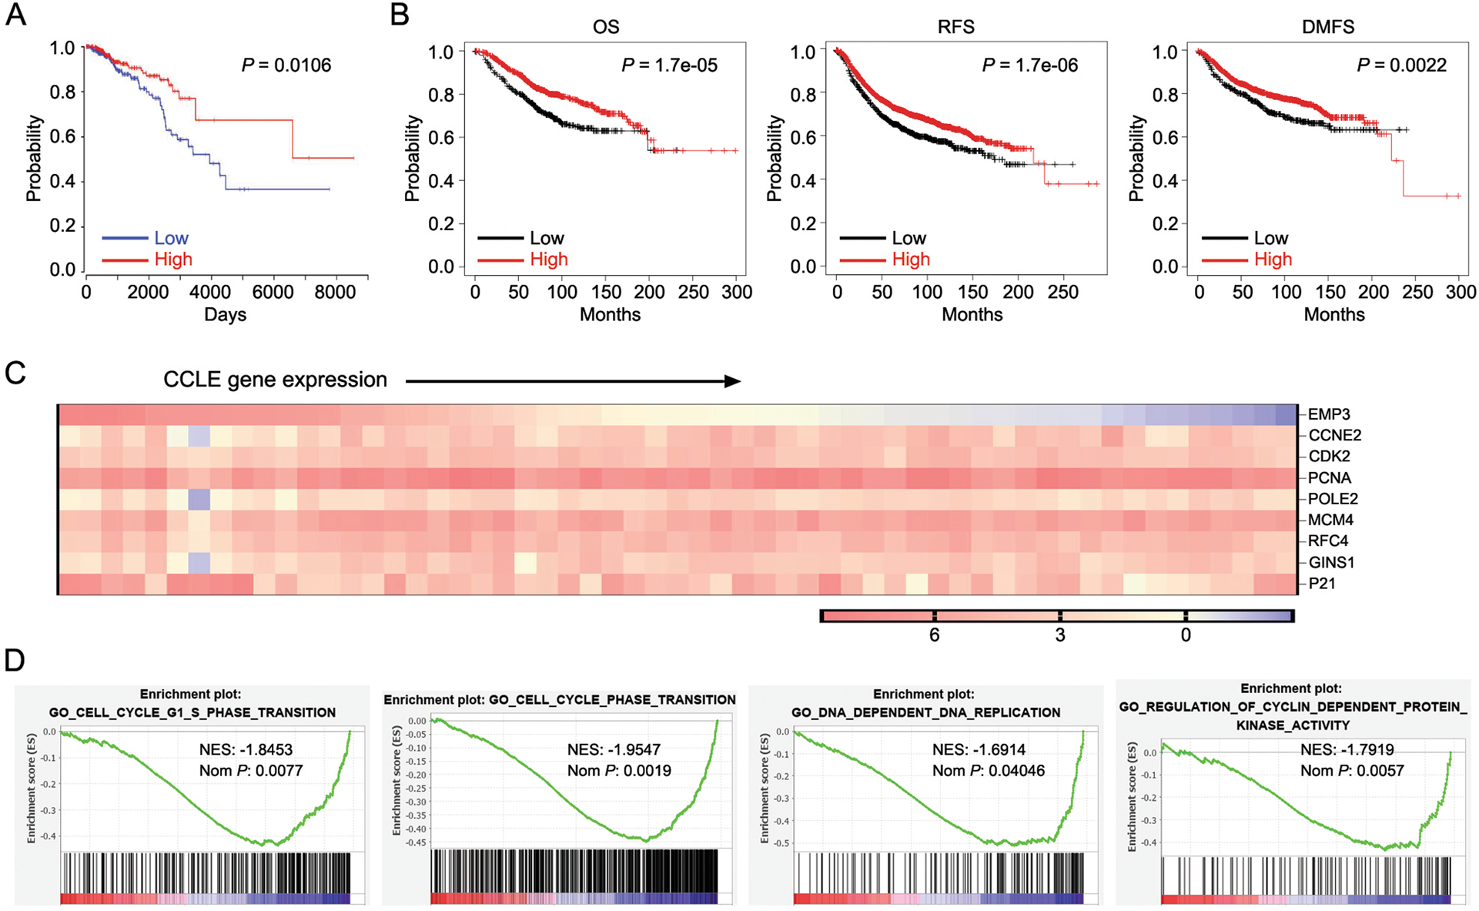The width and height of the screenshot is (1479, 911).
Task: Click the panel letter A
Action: [x=15, y=15]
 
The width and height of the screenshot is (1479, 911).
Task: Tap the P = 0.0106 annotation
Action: [x=286, y=65]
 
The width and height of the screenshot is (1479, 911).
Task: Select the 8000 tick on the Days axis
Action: [x=336, y=293]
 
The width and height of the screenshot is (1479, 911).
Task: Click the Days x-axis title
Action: [x=225, y=315]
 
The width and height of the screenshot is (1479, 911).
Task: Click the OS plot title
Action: [x=606, y=27]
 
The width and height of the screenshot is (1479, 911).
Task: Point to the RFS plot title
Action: [x=956, y=27]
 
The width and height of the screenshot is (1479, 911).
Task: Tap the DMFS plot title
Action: [x=1328, y=27]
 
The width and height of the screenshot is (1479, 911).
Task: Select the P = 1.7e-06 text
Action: [x=1030, y=65]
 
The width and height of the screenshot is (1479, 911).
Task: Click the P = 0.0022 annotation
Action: [x=1401, y=65]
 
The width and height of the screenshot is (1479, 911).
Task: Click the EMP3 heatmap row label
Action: [x=1329, y=414]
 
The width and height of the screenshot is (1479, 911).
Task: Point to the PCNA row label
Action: [x=1330, y=478]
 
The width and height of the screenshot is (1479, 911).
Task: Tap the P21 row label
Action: [x=1322, y=584]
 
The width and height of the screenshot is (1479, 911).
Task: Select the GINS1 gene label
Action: [x=1331, y=562]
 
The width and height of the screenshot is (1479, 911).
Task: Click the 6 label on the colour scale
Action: [x=934, y=635]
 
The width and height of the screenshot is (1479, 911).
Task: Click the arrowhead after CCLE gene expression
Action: [x=733, y=381]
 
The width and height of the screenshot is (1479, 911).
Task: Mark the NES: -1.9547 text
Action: [x=614, y=750]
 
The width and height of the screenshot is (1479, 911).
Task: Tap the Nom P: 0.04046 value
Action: [x=989, y=771]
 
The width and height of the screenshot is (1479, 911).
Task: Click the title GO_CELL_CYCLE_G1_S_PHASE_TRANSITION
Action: [x=192, y=712]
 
